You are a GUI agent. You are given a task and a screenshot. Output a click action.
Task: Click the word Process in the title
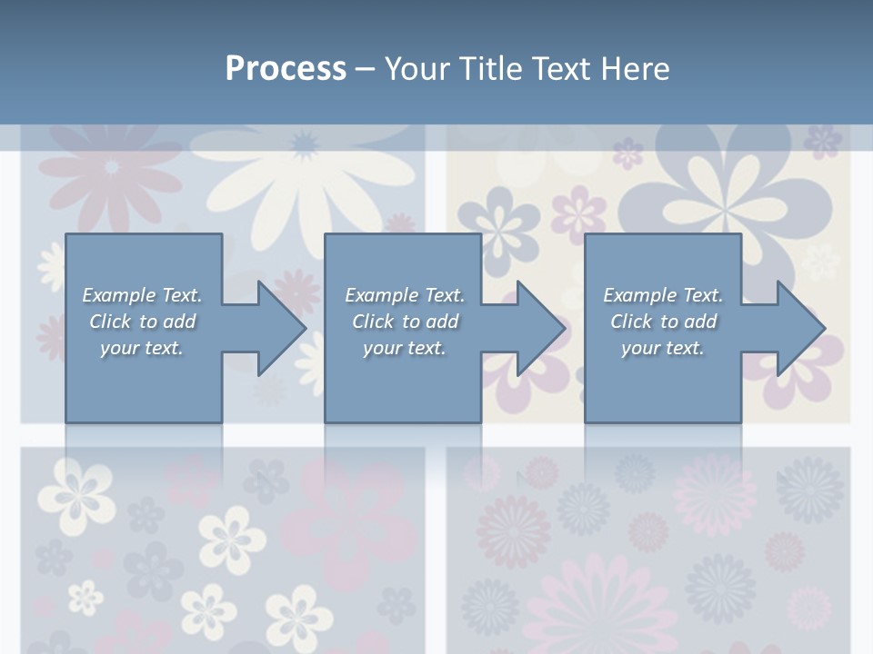(286, 68)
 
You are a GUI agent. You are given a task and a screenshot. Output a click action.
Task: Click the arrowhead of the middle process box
(540, 328)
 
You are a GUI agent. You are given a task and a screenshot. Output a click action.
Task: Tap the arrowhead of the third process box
(800, 328)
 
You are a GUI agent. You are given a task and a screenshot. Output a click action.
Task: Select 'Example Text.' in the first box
(142, 295)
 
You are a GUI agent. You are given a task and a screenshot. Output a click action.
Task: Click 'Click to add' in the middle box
(405, 322)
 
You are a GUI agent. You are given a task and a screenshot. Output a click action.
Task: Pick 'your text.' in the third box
(663, 348)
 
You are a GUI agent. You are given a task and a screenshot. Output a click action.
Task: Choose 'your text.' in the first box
(142, 348)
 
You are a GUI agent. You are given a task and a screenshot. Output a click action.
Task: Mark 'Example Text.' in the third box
(663, 295)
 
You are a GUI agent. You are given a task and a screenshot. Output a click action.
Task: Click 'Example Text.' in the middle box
(405, 295)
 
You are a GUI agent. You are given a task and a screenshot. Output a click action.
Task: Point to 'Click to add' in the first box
(142, 322)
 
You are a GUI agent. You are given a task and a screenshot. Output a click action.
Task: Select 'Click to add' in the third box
(663, 322)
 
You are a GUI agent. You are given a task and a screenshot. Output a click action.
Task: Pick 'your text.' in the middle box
(405, 348)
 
